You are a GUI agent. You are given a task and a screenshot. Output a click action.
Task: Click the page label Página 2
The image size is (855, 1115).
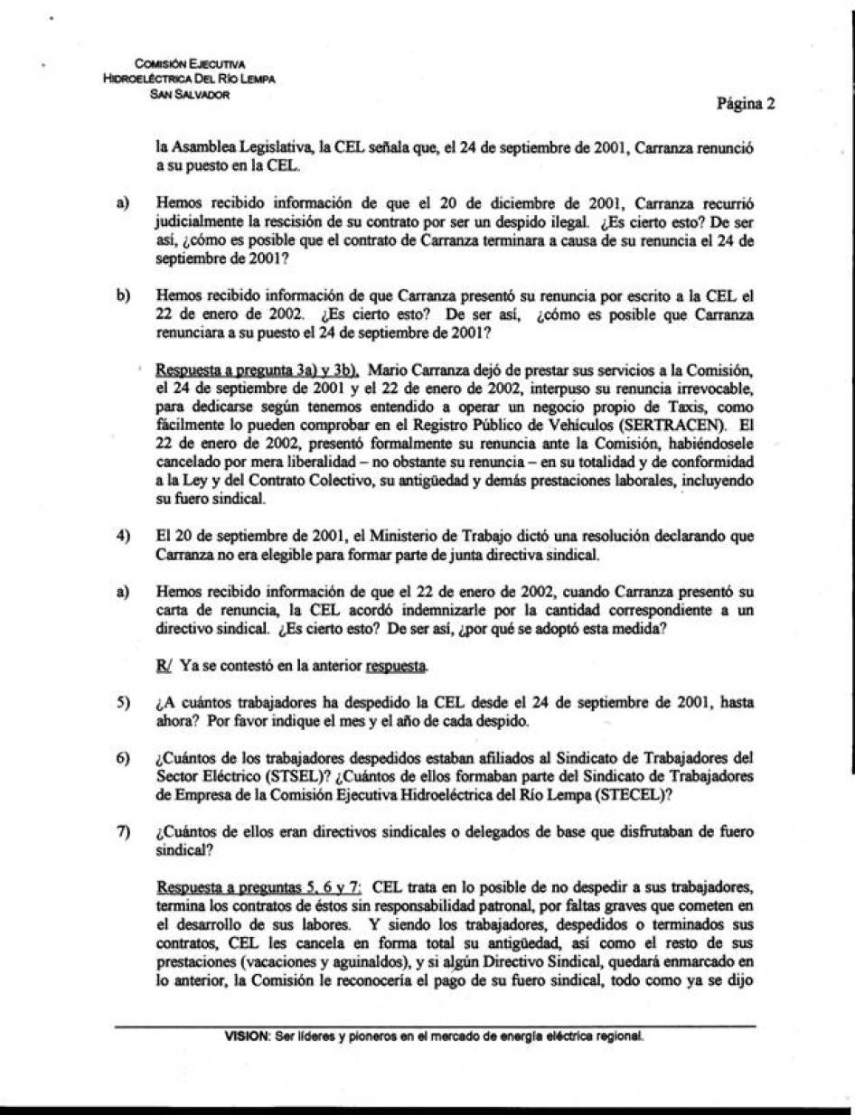[x=746, y=104]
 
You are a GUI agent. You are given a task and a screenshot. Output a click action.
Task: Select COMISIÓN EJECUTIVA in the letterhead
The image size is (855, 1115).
[x=190, y=64]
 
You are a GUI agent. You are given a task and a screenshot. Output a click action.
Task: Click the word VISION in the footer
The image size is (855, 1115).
[x=245, y=1035]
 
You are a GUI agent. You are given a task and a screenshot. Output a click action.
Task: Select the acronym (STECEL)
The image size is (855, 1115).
[x=637, y=792]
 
